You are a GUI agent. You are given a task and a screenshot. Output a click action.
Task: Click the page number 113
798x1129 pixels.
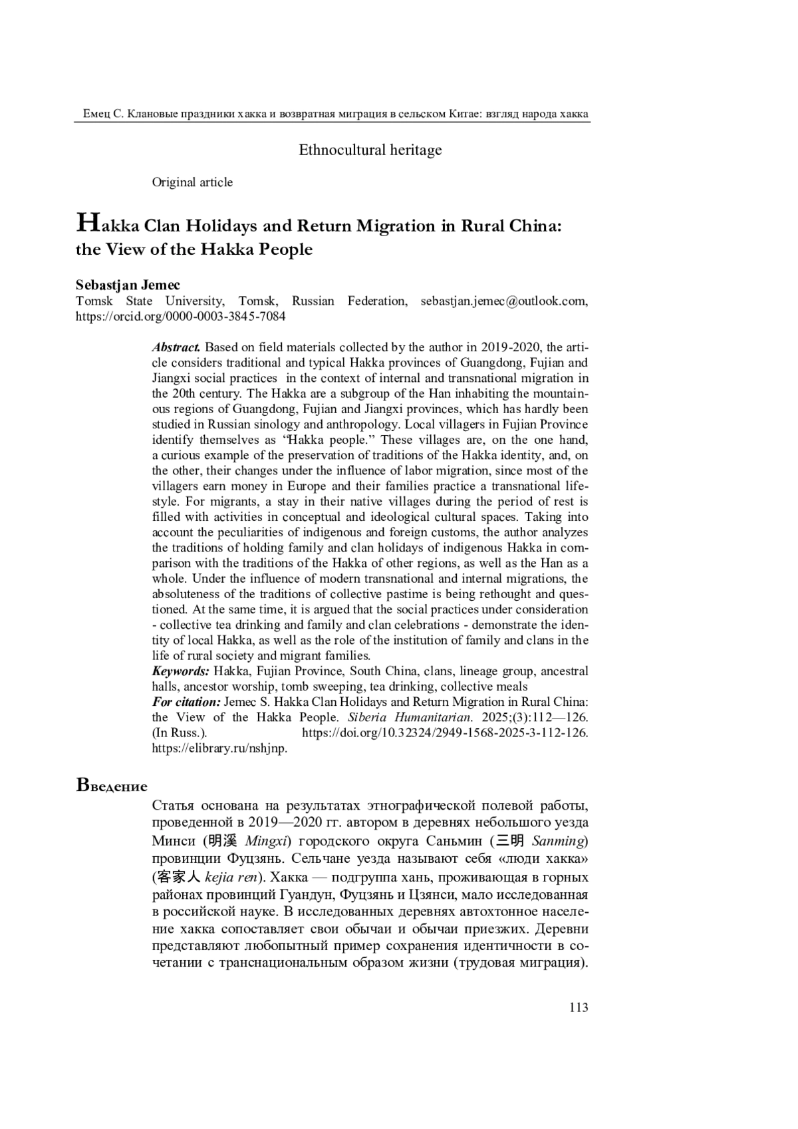click(x=579, y=1007)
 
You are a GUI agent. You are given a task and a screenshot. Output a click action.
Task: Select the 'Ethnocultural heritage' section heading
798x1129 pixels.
click(x=370, y=150)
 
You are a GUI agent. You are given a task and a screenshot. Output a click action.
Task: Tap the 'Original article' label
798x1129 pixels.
click(x=192, y=182)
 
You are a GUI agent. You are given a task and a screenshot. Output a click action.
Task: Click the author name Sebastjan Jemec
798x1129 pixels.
click(x=128, y=285)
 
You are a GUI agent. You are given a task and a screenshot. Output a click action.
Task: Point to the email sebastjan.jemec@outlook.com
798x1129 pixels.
click(x=503, y=301)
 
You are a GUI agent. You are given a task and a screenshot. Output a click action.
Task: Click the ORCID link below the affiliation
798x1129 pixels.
click(x=181, y=317)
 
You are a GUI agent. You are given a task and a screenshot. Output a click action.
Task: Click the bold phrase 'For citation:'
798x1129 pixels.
click(x=186, y=702)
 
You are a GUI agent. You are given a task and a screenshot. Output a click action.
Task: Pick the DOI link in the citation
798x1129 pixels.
click(x=445, y=733)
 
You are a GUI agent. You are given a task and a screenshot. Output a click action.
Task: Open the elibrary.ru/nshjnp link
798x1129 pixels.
click(x=219, y=748)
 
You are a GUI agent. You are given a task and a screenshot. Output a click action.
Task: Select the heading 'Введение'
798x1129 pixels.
click(x=112, y=786)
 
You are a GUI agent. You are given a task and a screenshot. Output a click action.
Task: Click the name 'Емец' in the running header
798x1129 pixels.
click(x=97, y=114)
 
